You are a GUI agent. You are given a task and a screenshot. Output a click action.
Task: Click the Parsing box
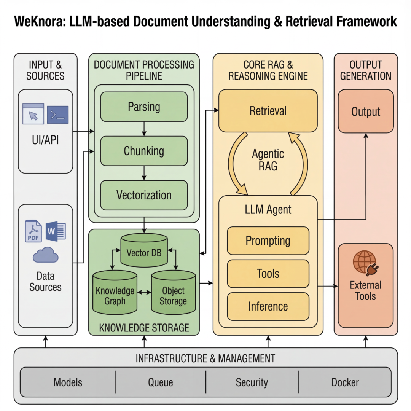pos(144,107)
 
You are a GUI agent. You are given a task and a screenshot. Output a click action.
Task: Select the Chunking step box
pos(144,151)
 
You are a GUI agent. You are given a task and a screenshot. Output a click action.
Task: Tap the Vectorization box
pos(144,195)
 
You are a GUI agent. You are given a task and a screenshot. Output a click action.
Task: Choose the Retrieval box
pos(268,111)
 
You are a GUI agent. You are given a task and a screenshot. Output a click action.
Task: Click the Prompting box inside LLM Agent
pos(268,241)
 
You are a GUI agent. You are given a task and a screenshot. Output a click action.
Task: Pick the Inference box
pos(268,306)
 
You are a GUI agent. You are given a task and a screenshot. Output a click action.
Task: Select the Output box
pos(366,111)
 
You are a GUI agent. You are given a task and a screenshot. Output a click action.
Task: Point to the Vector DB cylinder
pos(144,250)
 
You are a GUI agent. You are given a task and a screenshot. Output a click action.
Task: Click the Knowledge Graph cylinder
pos(115,293)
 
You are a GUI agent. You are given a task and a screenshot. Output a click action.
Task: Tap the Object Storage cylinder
pos(173,293)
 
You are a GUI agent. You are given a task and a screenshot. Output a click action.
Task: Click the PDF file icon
pos(33,231)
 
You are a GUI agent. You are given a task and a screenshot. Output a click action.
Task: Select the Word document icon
pos(56,231)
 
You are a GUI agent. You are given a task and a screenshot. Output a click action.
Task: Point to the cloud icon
pos(46,255)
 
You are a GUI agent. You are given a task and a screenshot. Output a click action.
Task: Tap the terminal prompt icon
pos(58,115)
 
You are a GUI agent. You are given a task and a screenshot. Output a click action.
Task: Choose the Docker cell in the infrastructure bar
pos(345,382)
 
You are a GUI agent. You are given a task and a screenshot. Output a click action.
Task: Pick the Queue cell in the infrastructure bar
pos(161,382)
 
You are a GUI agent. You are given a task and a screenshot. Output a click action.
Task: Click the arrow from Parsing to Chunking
pos(144,129)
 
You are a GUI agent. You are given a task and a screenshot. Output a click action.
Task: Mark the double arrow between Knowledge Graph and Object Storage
pos(144,292)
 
